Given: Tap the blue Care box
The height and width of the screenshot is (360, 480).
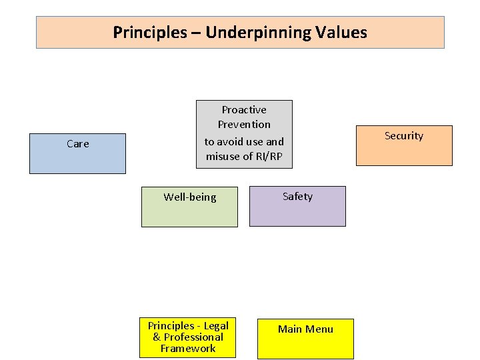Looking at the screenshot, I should (x=77, y=153).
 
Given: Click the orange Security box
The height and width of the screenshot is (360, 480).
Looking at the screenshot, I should (x=404, y=145).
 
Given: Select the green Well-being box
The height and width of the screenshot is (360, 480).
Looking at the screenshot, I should (x=189, y=207).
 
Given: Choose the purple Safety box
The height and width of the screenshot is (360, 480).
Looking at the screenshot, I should (x=297, y=206).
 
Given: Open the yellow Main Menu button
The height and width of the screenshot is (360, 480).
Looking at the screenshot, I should (x=305, y=339).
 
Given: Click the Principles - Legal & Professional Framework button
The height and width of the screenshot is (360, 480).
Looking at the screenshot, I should (x=187, y=338).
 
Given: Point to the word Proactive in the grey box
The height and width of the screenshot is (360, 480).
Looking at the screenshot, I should (x=244, y=109).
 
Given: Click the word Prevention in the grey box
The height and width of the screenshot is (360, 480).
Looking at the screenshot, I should (x=244, y=124).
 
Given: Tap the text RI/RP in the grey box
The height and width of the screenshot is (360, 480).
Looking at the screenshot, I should (x=269, y=156).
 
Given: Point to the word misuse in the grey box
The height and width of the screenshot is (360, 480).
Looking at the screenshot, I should (x=224, y=156).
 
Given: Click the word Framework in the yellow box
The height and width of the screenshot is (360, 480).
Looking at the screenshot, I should (x=188, y=348).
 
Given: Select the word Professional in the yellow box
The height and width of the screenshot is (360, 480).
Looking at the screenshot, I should (x=193, y=337).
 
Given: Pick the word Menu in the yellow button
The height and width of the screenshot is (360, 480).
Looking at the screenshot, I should (x=319, y=329).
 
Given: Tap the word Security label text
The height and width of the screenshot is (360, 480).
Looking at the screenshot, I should (x=404, y=135).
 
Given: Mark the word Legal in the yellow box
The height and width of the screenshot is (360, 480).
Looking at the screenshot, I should (x=216, y=325).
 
